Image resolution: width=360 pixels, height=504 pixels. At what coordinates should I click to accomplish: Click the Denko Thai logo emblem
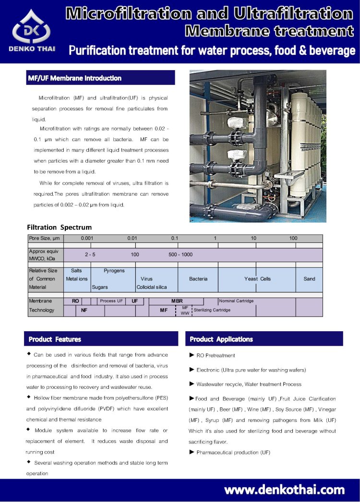31,27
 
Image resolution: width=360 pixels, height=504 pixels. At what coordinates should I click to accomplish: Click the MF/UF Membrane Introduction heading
75,78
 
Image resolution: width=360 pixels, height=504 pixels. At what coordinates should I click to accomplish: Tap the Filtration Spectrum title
59,227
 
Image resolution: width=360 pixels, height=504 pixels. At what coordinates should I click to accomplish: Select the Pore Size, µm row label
45,239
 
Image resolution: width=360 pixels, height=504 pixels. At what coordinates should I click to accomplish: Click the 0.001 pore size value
87,239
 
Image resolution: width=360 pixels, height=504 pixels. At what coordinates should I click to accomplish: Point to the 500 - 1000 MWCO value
180,254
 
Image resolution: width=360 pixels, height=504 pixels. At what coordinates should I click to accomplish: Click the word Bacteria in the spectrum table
198,279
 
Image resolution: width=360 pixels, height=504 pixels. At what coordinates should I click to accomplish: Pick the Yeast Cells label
258,279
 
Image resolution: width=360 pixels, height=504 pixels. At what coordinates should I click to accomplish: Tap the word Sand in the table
310,279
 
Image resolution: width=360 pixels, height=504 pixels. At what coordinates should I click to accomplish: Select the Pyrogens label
114,271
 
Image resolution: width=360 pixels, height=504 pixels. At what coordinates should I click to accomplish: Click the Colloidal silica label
152,287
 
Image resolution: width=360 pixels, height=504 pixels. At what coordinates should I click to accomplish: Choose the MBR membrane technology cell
177,301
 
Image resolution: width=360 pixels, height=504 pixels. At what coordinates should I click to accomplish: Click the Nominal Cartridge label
236,301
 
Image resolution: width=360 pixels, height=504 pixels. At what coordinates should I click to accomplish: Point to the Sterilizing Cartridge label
212,310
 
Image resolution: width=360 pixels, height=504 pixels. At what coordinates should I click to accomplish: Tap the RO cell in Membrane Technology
75,301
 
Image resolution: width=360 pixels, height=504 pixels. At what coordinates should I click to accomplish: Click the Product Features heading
55,339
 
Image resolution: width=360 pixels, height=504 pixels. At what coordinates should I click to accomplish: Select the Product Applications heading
221,339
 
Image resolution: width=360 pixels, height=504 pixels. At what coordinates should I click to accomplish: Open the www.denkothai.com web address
285,490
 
